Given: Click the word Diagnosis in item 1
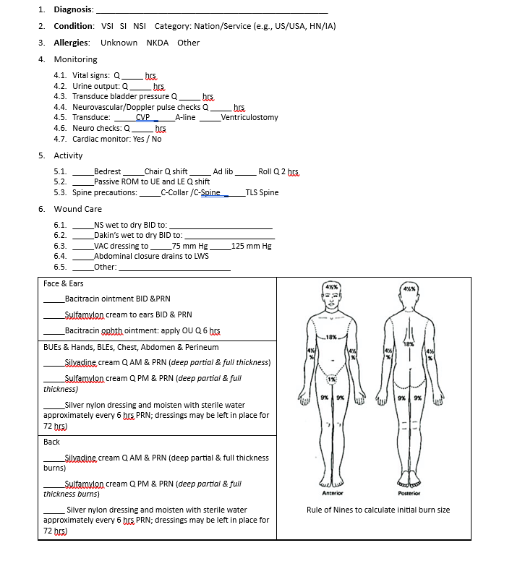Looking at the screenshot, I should pyautogui.click(x=73, y=9).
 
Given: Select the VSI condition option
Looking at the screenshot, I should pyautogui.click(x=107, y=26).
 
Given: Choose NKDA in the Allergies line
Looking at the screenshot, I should pyautogui.click(x=157, y=43).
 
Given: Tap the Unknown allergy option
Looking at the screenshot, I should pyautogui.click(x=119, y=43).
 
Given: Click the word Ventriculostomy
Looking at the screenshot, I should pyautogui.click(x=249, y=117).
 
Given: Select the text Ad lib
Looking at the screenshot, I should pyautogui.click(x=223, y=172).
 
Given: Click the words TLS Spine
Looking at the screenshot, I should pyautogui.click(x=262, y=192).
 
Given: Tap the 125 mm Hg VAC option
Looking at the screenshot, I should pyautogui.click(x=251, y=246).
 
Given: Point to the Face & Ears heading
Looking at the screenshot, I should pyautogui.click(x=64, y=283).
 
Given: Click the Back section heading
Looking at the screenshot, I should pyautogui.click(x=51, y=441).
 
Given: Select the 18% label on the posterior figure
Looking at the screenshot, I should pyautogui.click(x=409, y=344).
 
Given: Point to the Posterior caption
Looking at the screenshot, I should pyautogui.click(x=409, y=493).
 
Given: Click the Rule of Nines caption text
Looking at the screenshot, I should pyautogui.click(x=377, y=510).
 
